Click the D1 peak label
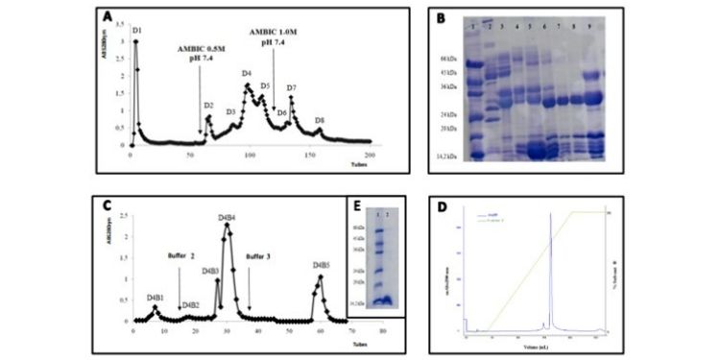137,33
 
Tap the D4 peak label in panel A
247,74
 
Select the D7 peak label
291,88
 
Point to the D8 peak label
320,120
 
